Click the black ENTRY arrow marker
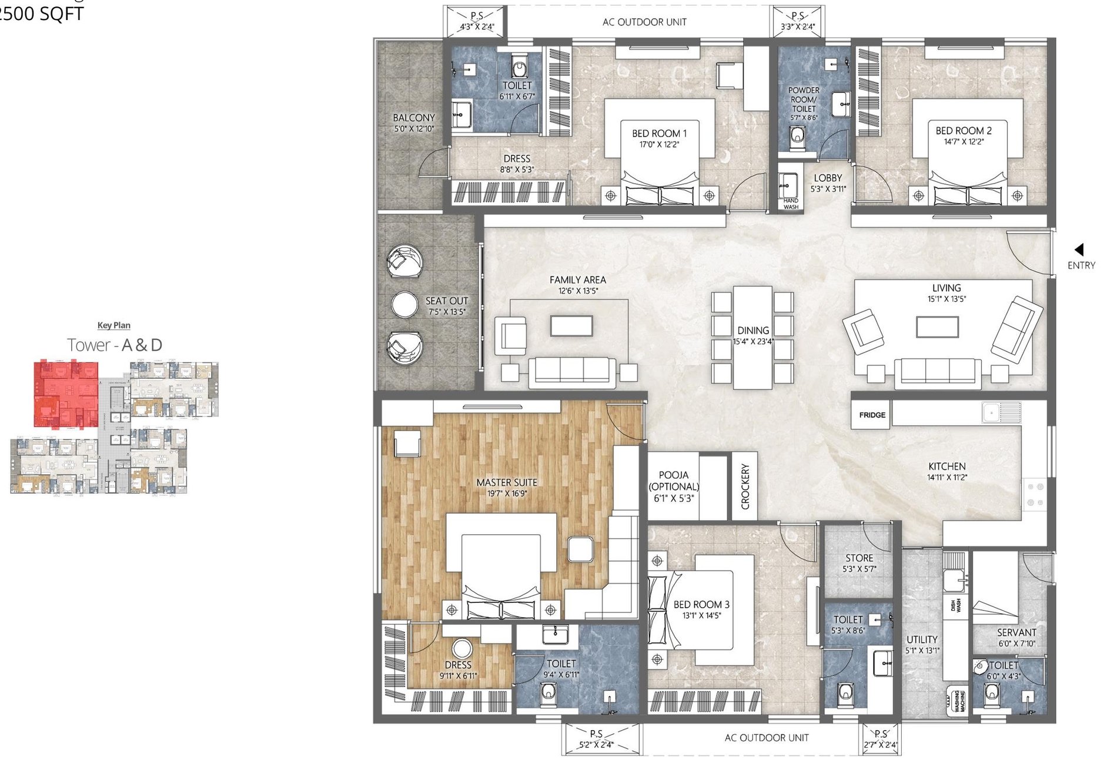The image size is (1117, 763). click(x=1079, y=249)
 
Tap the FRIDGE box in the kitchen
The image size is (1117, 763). click(x=871, y=415)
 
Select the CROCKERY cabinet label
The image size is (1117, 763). click(x=745, y=486)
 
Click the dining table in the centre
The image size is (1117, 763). click(x=753, y=337)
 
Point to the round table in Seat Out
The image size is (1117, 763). click(x=404, y=305)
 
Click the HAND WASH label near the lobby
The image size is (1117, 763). click(x=791, y=204)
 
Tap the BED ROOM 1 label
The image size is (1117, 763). click(x=659, y=134)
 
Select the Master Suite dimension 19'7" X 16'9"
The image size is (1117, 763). click(x=507, y=494)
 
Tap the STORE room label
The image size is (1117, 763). click(x=859, y=558)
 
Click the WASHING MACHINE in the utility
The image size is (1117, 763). click(x=957, y=701)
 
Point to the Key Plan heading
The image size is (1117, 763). click(x=113, y=325)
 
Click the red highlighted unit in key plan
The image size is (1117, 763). click(x=65, y=393)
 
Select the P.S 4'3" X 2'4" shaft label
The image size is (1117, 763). click(x=476, y=22)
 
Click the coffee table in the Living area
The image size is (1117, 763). click(x=937, y=327)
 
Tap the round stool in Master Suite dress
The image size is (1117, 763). click(x=462, y=649)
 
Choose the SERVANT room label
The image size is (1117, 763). click(x=1016, y=632)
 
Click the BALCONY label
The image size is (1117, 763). click(x=414, y=118)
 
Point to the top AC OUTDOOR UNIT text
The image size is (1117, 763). click(x=644, y=22)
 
